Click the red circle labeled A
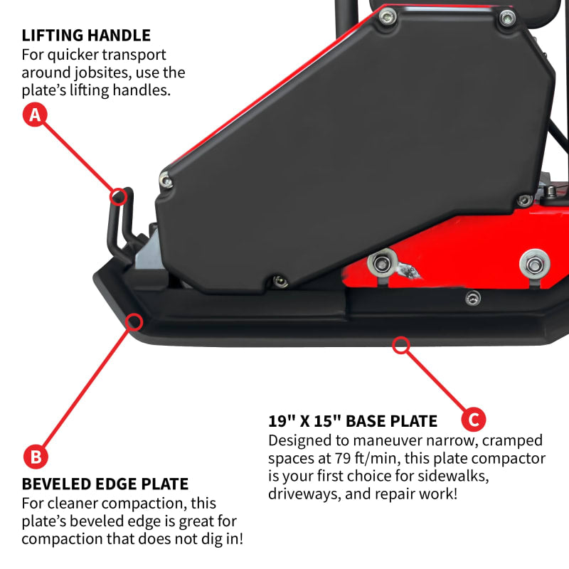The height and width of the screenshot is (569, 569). [34, 115]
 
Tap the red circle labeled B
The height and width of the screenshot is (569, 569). [34, 456]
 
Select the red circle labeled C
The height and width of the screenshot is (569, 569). [472, 419]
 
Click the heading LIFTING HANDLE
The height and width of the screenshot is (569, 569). [86, 35]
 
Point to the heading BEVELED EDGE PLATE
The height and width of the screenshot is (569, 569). [105, 484]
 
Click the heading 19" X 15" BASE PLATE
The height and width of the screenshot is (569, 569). [353, 420]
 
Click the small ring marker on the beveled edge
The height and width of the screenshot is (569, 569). [132, 321]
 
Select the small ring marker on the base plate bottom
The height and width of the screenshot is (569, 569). [401, 346]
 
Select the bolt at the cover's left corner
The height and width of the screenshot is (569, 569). [166, 182]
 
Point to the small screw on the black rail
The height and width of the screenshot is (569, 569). [472, 298]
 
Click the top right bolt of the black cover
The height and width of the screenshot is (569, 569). [506, 18]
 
